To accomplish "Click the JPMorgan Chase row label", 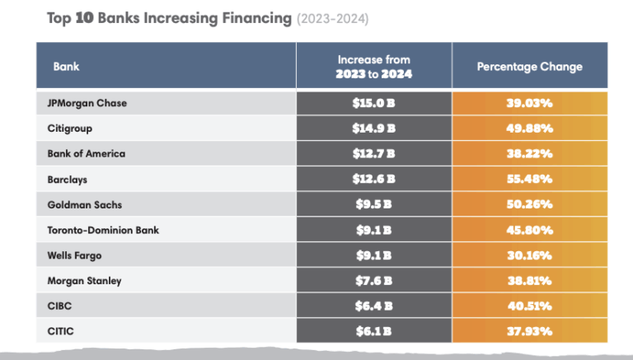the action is [87, 103].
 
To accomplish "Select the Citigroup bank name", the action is [70, 129].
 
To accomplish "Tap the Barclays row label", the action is [68, 180].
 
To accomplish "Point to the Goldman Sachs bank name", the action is [85, 204].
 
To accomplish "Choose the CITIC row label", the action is [60, 331].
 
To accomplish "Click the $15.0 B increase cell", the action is [374, 103].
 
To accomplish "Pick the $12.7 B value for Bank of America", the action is [374, 154].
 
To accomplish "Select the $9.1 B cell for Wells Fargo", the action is [374, 255].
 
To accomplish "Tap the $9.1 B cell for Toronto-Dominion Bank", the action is [374, 230].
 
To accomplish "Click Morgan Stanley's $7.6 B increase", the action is [374, 281].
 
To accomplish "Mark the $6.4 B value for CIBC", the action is [374, 306].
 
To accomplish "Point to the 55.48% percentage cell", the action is [530, 180].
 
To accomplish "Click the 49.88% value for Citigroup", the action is [530, 129].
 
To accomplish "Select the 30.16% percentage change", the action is [530, 255].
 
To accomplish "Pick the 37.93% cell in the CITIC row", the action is [530, 331].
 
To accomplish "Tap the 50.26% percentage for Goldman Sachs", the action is [530, 204].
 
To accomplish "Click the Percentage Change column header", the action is [530, 67].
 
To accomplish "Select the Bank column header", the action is [66, 67].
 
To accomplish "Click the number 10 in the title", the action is [84, 18].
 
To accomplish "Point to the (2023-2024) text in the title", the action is [333, 19].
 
